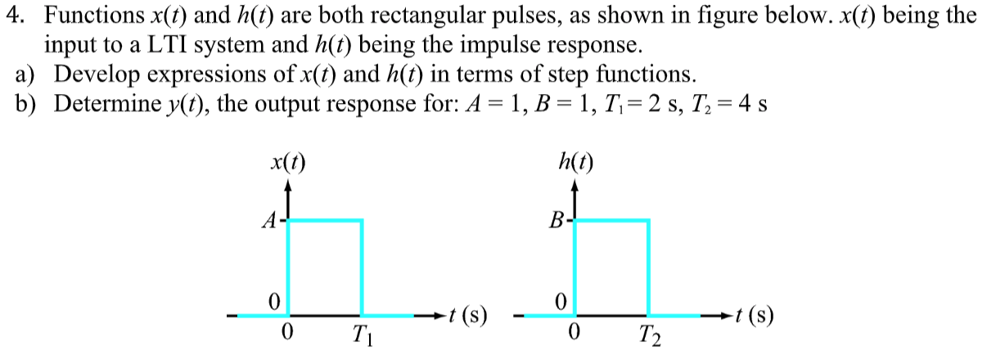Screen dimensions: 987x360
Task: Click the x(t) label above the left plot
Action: point(287,160)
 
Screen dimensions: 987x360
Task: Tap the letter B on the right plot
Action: point(557,220)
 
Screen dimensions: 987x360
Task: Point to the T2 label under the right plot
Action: point(648,335)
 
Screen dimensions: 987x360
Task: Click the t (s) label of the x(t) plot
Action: point(469,315)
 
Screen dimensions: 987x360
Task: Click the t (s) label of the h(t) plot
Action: point(755,315)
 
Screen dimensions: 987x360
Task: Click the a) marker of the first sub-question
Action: point(25,74)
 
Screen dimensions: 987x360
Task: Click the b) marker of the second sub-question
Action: point(25,105)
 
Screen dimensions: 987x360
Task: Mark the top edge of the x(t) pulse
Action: point(325,220)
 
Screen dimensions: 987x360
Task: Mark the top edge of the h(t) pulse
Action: point(611,220)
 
